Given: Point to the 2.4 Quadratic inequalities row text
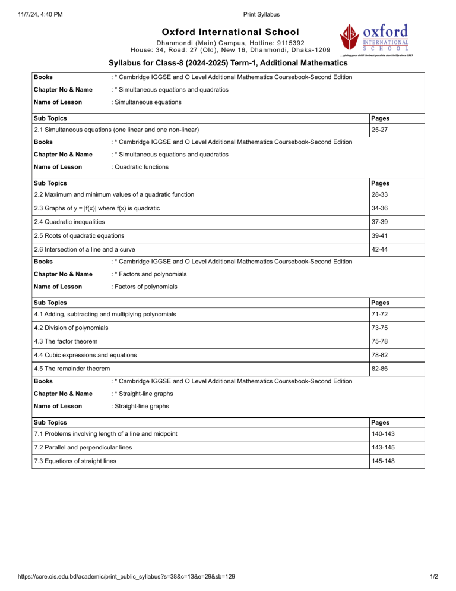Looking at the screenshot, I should (x=70, y=222).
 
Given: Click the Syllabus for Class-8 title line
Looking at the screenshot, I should (x=228, y=63).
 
